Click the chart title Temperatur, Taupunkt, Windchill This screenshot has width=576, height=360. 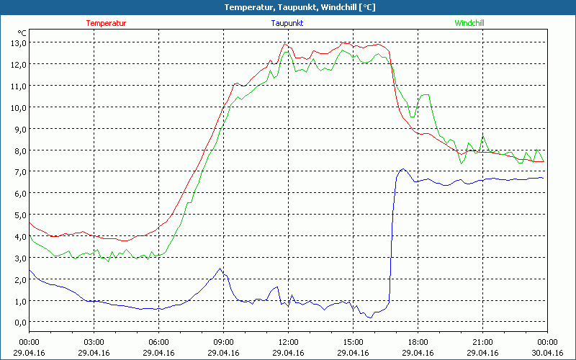click(x=288, y=7)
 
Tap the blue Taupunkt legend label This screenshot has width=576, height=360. click(x=288, y=23)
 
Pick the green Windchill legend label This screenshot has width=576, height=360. click(x=469, y=23)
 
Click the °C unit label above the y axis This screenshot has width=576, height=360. click(x=22, y=32)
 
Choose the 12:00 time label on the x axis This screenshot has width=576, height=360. click(x=288, y=341)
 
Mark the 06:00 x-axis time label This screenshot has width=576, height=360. click(x=158, y=341)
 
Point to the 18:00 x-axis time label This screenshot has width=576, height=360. click(x=418, y=341)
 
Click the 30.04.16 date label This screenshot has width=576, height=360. click(x=547, y=353)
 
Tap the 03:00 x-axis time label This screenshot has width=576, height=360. click(x=94, y=341)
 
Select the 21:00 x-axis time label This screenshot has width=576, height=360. click(x=482, y=341)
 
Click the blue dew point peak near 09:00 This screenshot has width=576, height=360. click(x=220, y=269)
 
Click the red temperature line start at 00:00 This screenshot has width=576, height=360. click(x=30, y=222)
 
